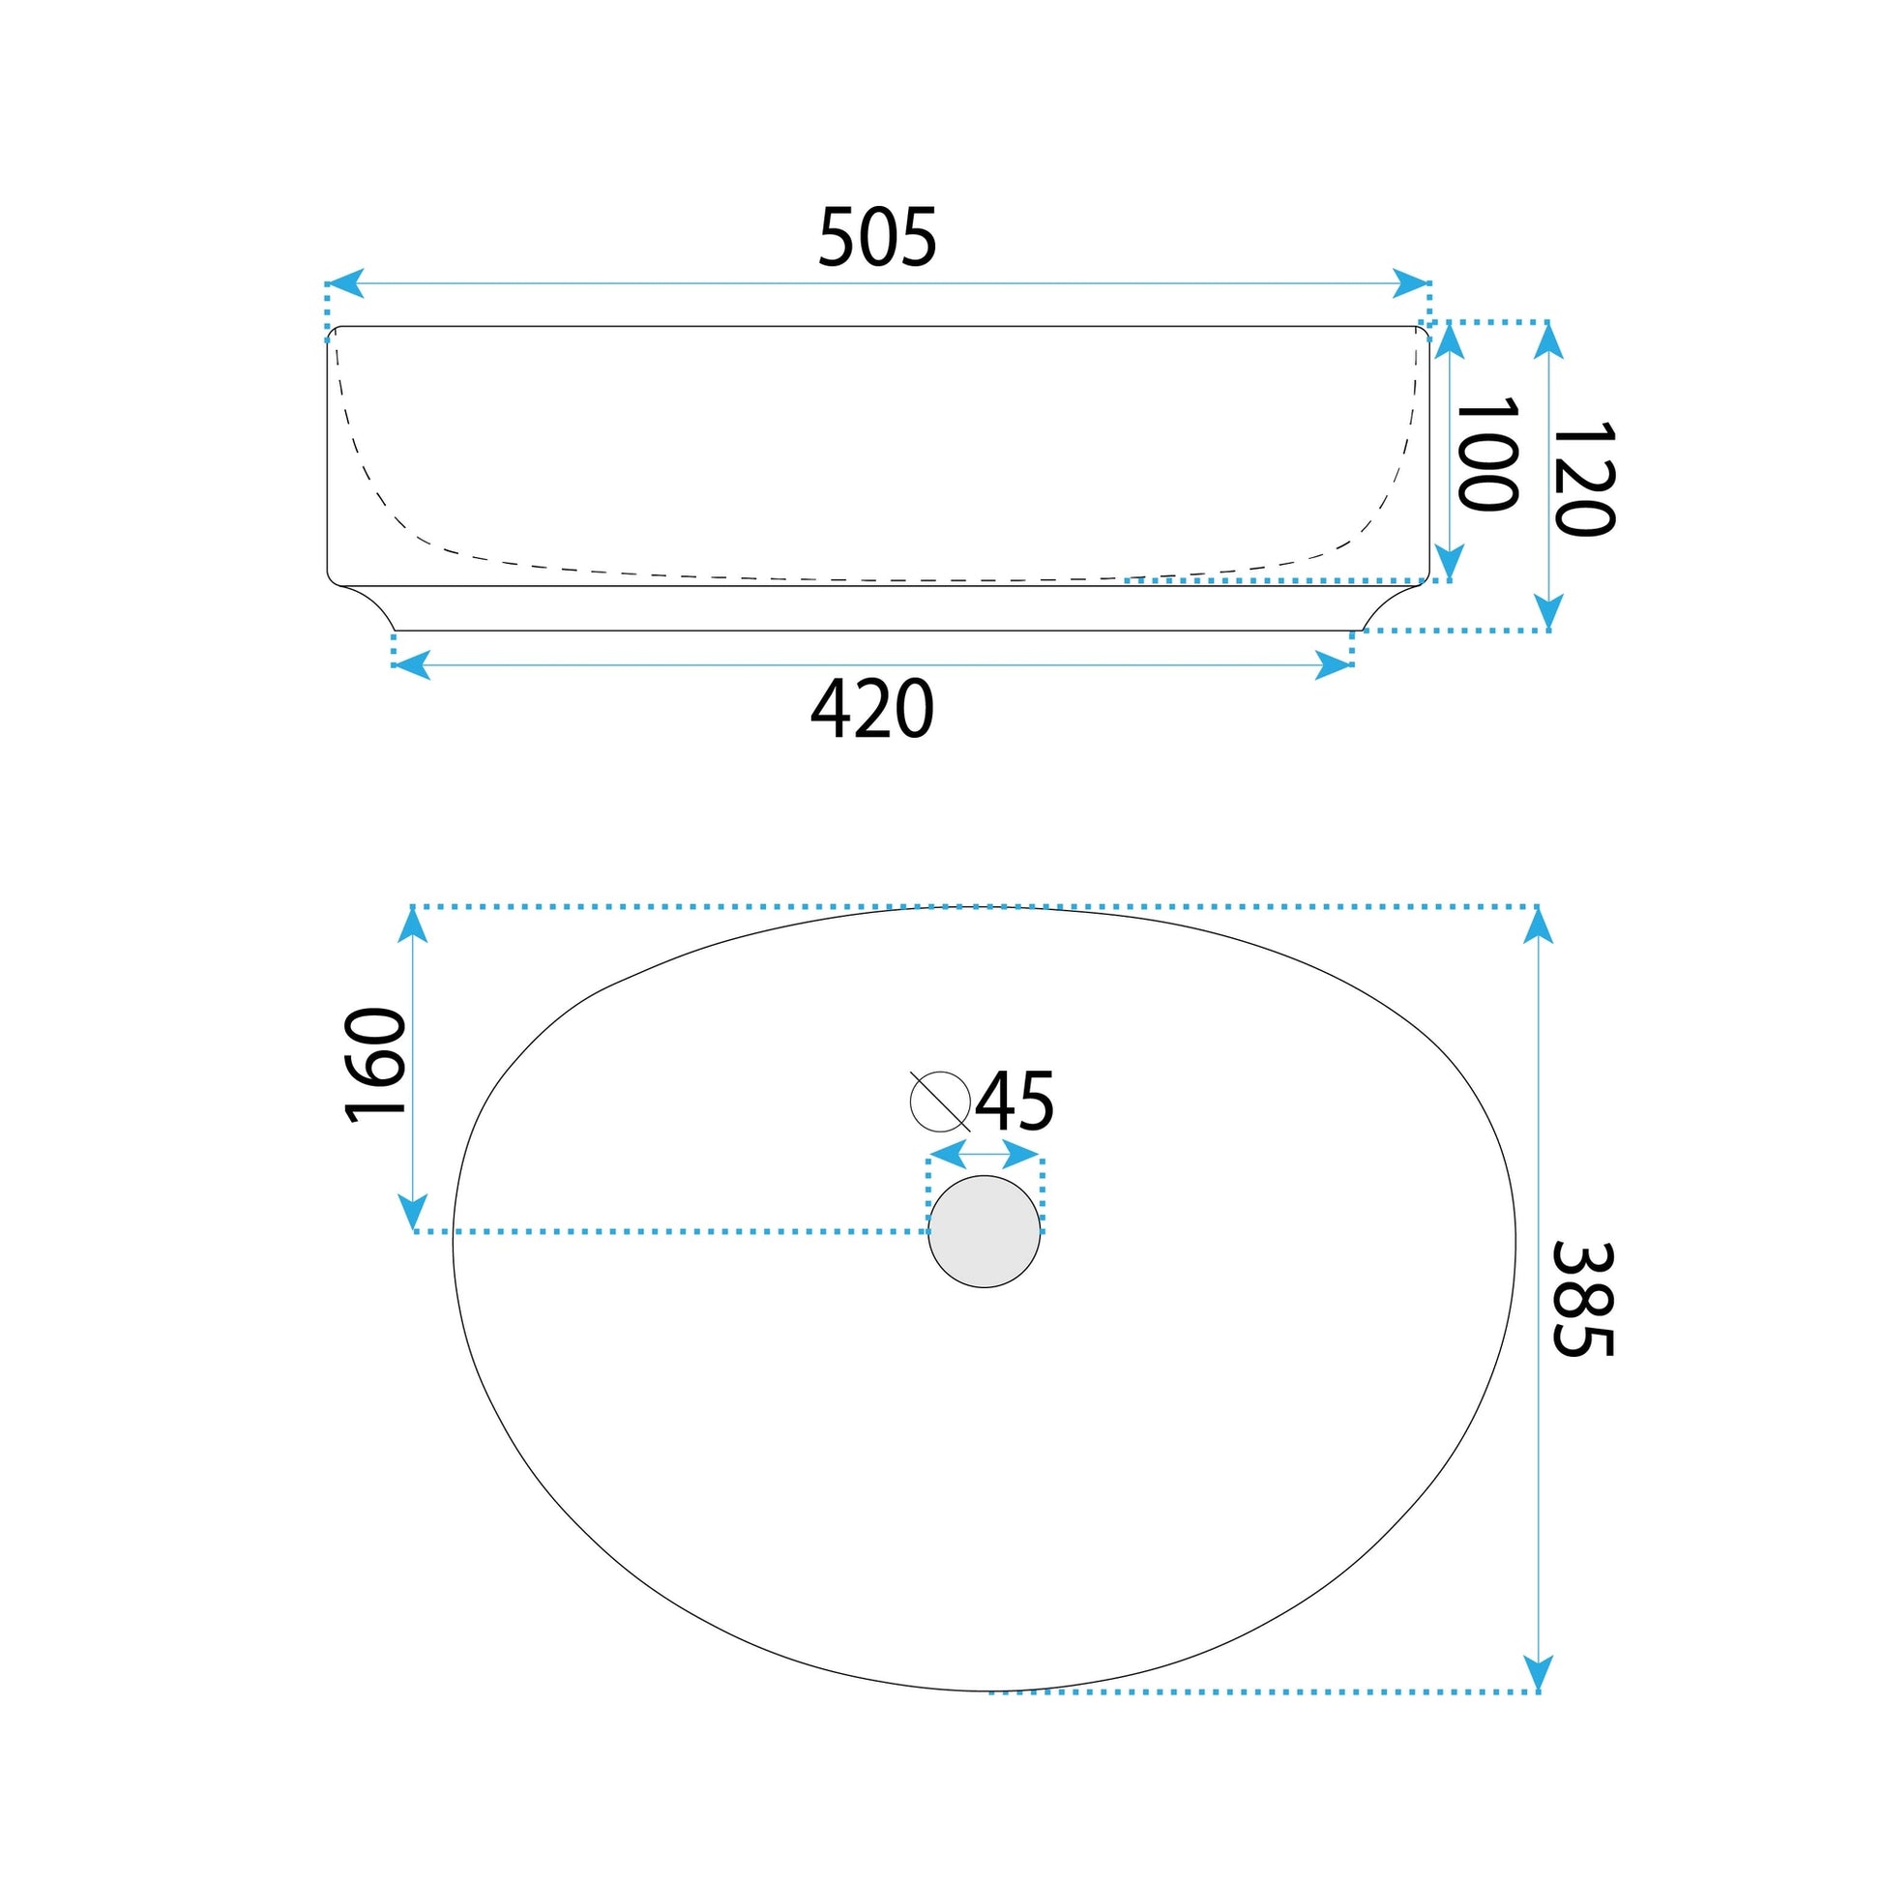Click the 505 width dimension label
point(877,237)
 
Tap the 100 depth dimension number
point(1486,453)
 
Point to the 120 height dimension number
point(1584,479)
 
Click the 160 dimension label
point(375,1066)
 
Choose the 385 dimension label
point(1583,1300)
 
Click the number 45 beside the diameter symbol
point(1015,1102)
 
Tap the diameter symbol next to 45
point(940,1101)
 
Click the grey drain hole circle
point(984,1231)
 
